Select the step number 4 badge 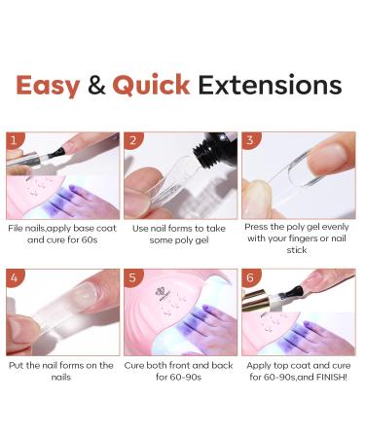(15, 276)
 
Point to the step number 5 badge (132, 276)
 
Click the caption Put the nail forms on (62, 371)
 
